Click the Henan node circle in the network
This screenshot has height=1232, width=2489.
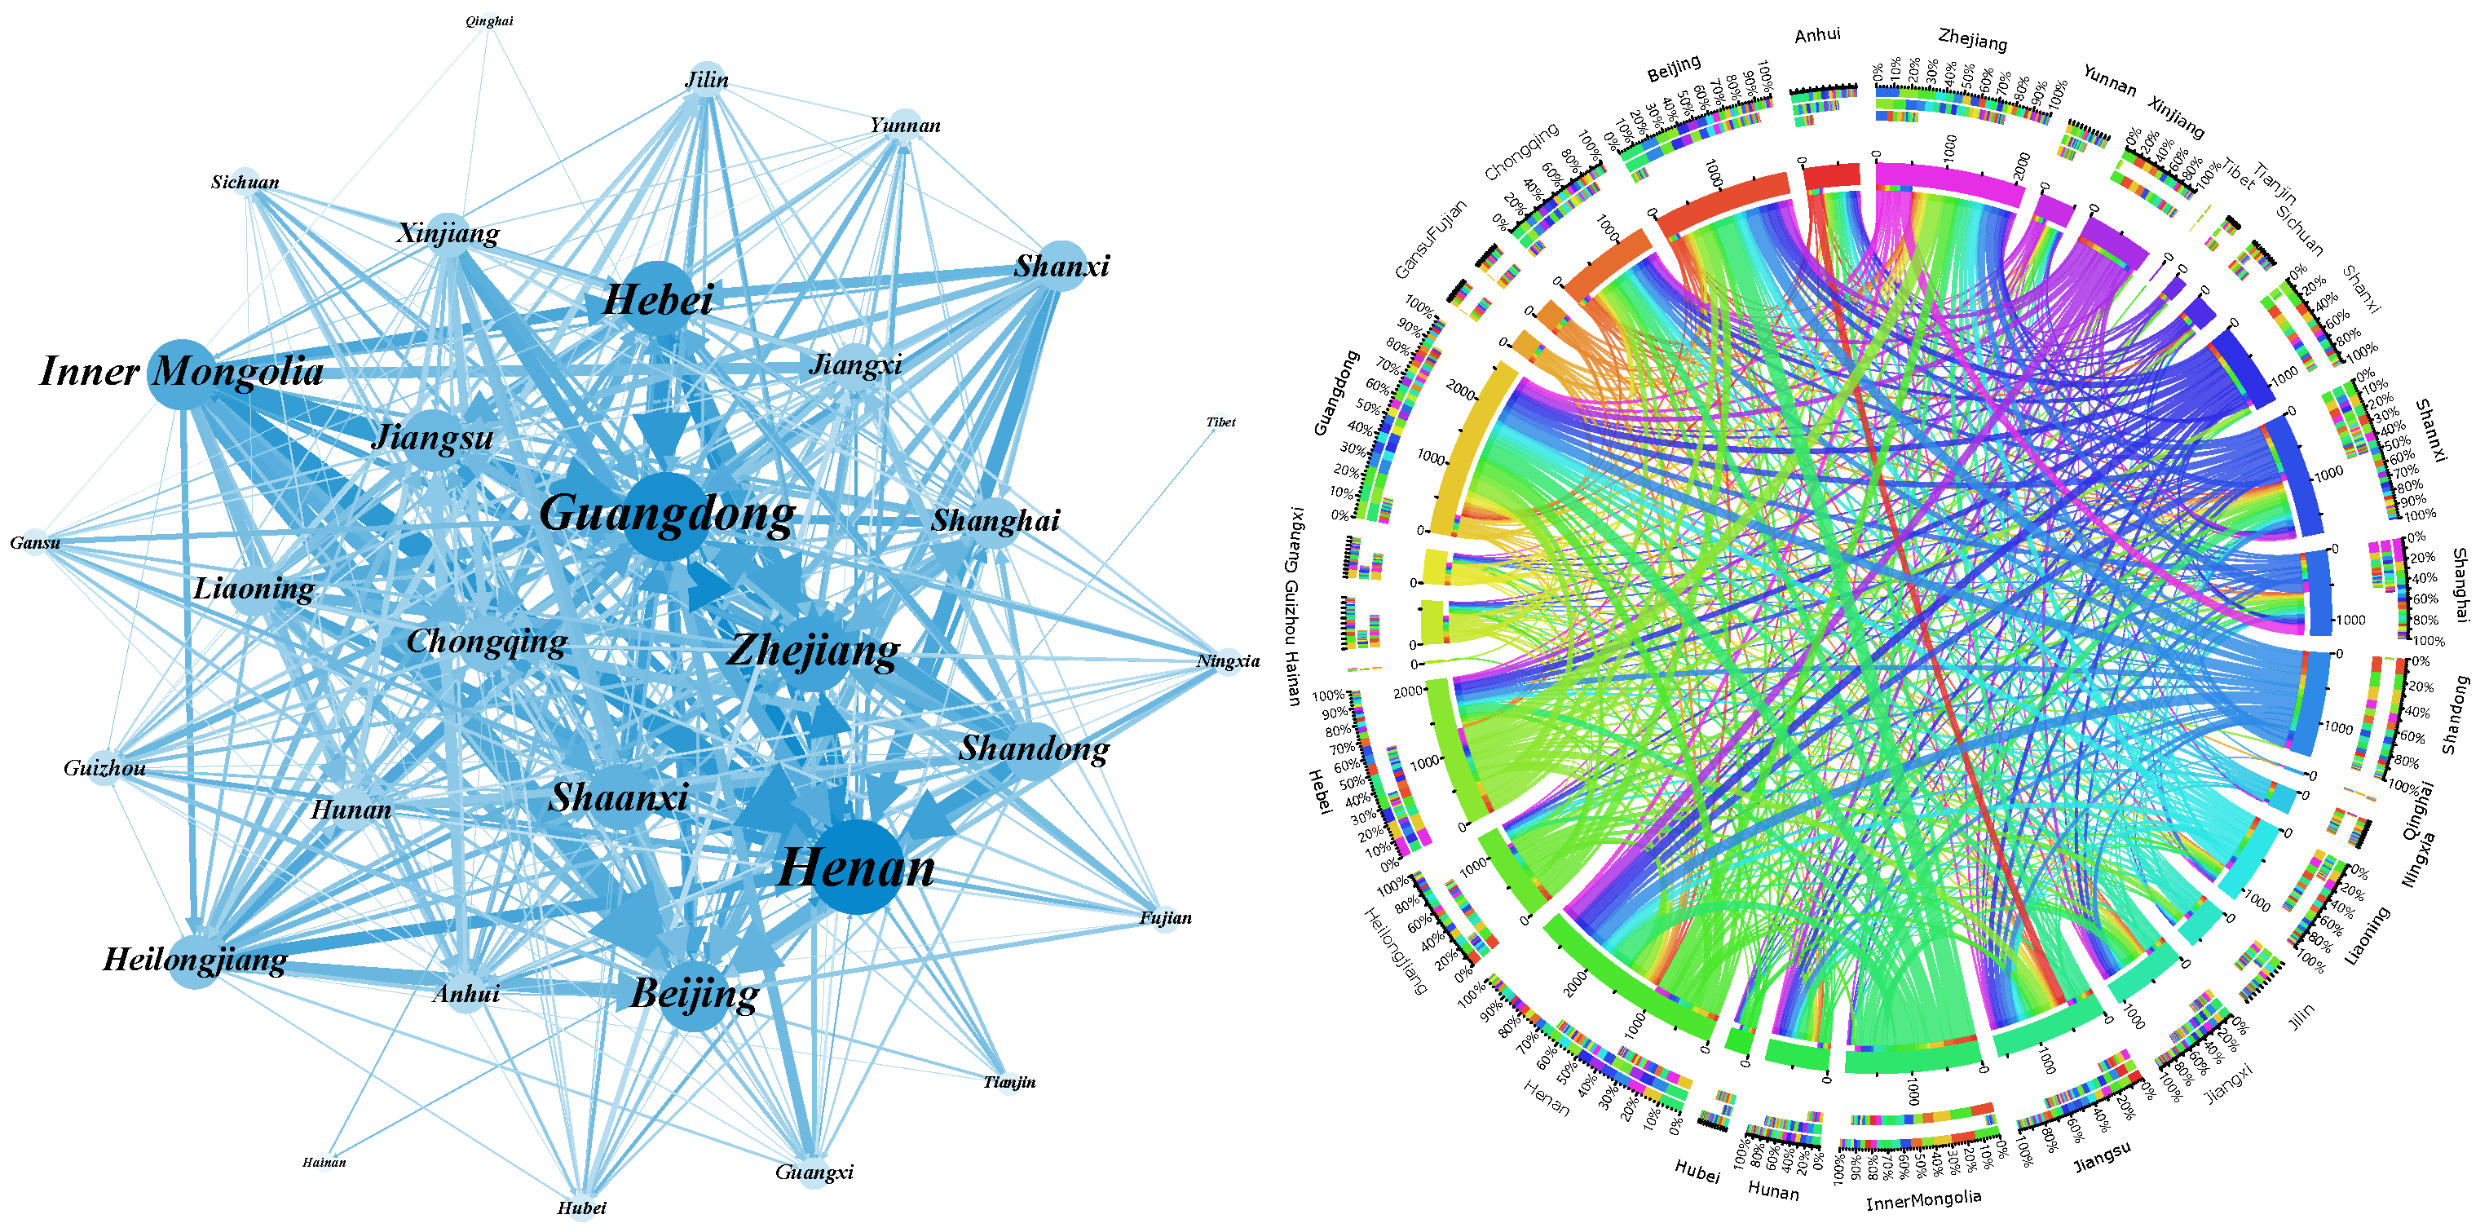pyautogui.click(x=856, y=867)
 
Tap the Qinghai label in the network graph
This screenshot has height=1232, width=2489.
pyautogui.click(x=489, y=21)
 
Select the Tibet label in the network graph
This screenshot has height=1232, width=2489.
pyautogui.click(x=1220, y=422)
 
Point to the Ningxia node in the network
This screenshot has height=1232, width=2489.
pyautogui.click(x=1228, y=662)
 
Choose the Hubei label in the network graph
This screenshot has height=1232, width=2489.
pyautogui.click(x=581, y=1208)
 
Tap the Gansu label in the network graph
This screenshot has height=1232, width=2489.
pyautogui.click(x=35, y=543)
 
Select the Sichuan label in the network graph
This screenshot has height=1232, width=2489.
pyautogui.click(x=245, y=183)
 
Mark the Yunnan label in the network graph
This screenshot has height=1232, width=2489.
pyautogui.click(x=904, y=126)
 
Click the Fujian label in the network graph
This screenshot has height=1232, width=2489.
pyautogui.click(x=1165, y=918)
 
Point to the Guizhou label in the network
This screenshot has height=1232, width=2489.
pyautogui.click(x=104, y=768)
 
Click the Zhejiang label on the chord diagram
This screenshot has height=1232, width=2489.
pyautogui.click(x=1972, y=40)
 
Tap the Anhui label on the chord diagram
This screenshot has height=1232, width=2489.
pyautogui.click(x=1817, y=36)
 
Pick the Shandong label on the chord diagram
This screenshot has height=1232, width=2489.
pyautogui.click(x=2454, y=715)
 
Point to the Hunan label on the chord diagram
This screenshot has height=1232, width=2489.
pyautogui.click(x=1773, y=1191)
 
